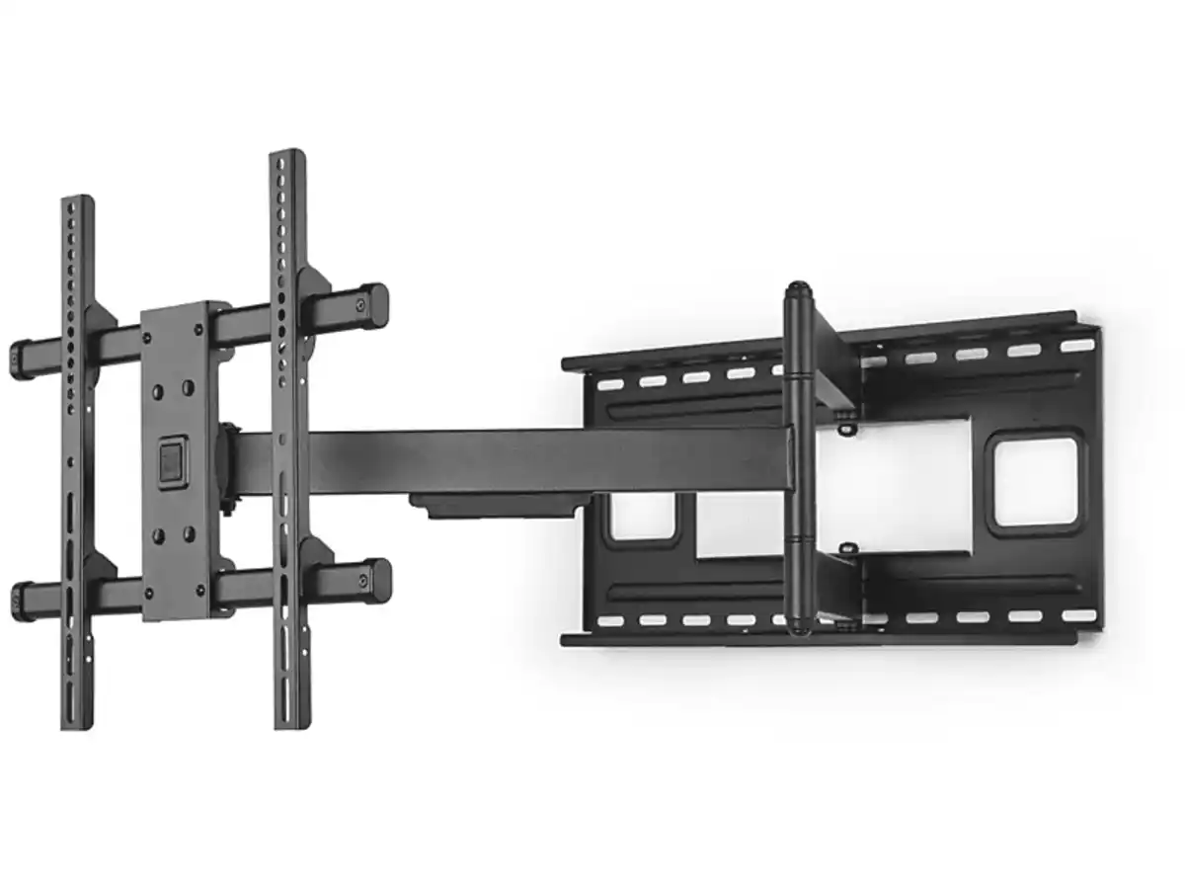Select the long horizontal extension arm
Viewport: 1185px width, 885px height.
513,460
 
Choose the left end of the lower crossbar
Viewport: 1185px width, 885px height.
20,599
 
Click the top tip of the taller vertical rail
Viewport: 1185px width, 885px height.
287,156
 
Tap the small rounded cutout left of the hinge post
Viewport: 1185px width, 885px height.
643,516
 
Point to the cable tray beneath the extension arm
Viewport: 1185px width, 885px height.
494,506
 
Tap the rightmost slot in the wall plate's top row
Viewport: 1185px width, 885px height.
1077,346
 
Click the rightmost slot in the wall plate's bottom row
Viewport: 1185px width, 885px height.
1079,615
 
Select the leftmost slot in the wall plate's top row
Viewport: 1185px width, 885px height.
610,384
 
